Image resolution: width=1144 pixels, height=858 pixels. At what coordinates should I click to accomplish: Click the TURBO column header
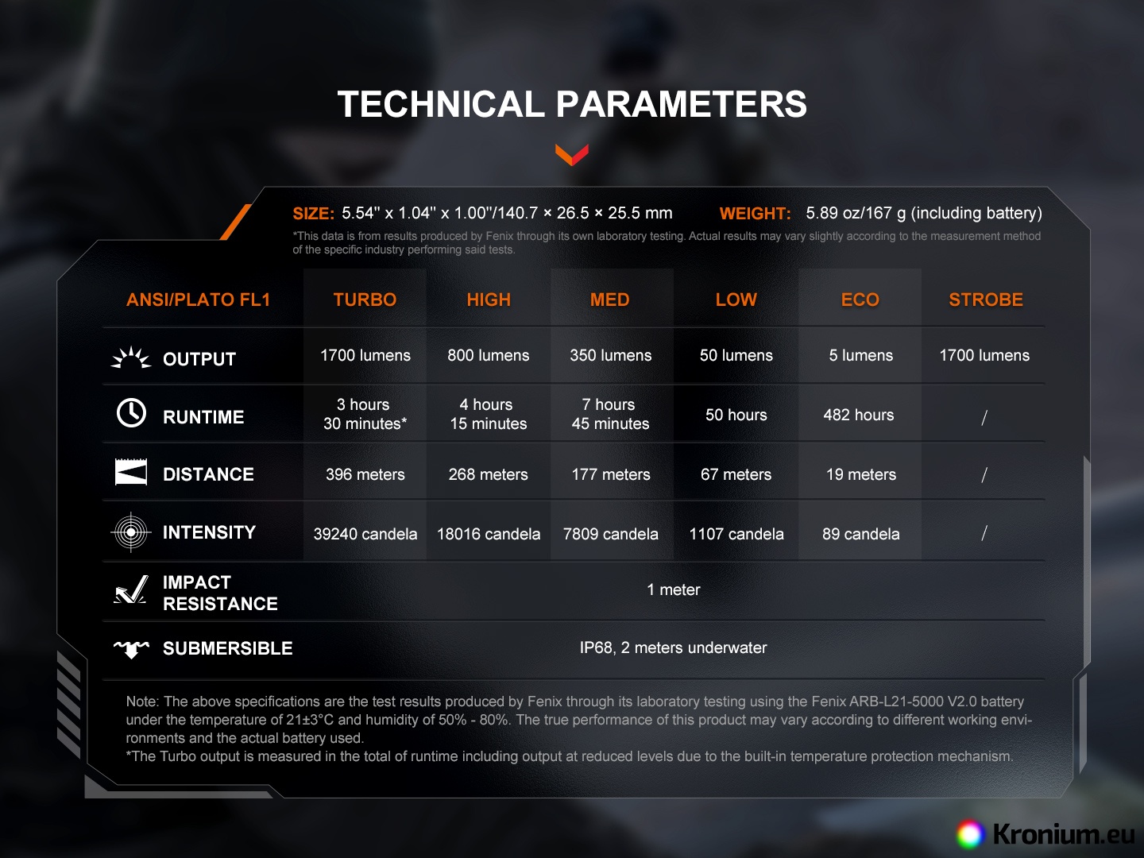click(365, 300)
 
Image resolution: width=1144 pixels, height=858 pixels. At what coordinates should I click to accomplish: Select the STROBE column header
click(986, 300)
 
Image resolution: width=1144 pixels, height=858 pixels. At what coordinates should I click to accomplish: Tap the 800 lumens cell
click(489, 355)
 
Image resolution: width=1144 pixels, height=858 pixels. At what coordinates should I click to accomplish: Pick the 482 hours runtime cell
click(858, 415)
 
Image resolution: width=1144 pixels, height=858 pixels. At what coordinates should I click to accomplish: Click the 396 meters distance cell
click(365, 474)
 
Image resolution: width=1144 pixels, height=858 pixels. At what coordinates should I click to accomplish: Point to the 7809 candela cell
click(610, 534)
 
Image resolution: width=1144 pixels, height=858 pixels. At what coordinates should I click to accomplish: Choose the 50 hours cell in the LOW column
click(736, 415)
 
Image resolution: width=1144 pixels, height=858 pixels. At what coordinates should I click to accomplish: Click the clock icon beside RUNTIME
click(131, 413)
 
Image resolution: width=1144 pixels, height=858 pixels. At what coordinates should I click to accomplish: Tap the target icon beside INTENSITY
click(131, 532)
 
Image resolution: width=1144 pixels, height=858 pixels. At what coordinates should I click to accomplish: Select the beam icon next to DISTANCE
click(131, 472)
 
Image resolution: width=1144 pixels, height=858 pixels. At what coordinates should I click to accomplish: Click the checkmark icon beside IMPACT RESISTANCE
click(131, 589)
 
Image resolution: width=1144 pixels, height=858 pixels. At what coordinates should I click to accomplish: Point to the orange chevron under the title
click(572, 155)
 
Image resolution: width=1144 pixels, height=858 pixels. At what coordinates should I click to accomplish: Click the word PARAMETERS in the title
click(681, 103)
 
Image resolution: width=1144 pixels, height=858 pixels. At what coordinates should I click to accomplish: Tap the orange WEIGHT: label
click(756, 214)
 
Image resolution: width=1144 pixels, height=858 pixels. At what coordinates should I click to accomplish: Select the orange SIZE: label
click(313, 214)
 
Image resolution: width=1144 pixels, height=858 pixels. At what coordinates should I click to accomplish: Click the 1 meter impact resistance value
click(674, 589)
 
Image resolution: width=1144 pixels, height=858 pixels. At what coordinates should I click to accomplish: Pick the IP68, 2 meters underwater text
click(673, 647)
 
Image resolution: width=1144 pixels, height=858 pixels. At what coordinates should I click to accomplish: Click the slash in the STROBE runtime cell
click(984, 417)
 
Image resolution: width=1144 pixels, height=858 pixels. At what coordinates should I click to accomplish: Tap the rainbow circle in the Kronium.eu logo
click(970, 834)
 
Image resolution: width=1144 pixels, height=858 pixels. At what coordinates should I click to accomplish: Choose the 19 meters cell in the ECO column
click(861, 474)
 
